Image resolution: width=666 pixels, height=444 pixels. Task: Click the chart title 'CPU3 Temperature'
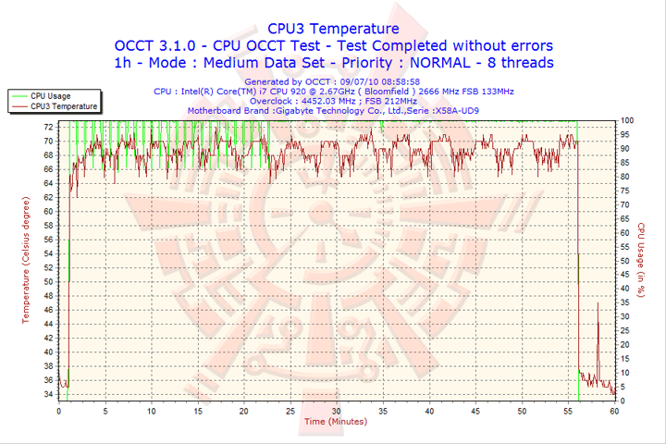click(x=333, y=29)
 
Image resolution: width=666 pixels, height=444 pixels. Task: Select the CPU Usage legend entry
click(x=50, y=95)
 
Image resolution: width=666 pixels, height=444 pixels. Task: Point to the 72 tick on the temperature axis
click(x=48, y=141)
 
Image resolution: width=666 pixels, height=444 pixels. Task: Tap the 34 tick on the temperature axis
click(x=48, y=395)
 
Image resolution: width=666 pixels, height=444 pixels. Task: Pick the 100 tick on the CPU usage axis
click(x=627, y=120)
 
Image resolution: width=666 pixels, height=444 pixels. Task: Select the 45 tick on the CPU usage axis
click(x=625, y=275)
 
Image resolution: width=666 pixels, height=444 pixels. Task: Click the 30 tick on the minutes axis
click(x=337, y=411)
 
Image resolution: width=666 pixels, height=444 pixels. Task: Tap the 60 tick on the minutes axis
click(x=614, y=411)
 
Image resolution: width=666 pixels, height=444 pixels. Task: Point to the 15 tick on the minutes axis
click(x=198, y=411)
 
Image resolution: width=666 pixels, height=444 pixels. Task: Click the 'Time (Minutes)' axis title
click(x=335, y=422)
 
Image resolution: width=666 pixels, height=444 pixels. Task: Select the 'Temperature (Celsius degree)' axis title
click(x=26, y=261)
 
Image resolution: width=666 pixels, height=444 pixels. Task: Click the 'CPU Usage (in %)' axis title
click(x=640, y=261)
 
